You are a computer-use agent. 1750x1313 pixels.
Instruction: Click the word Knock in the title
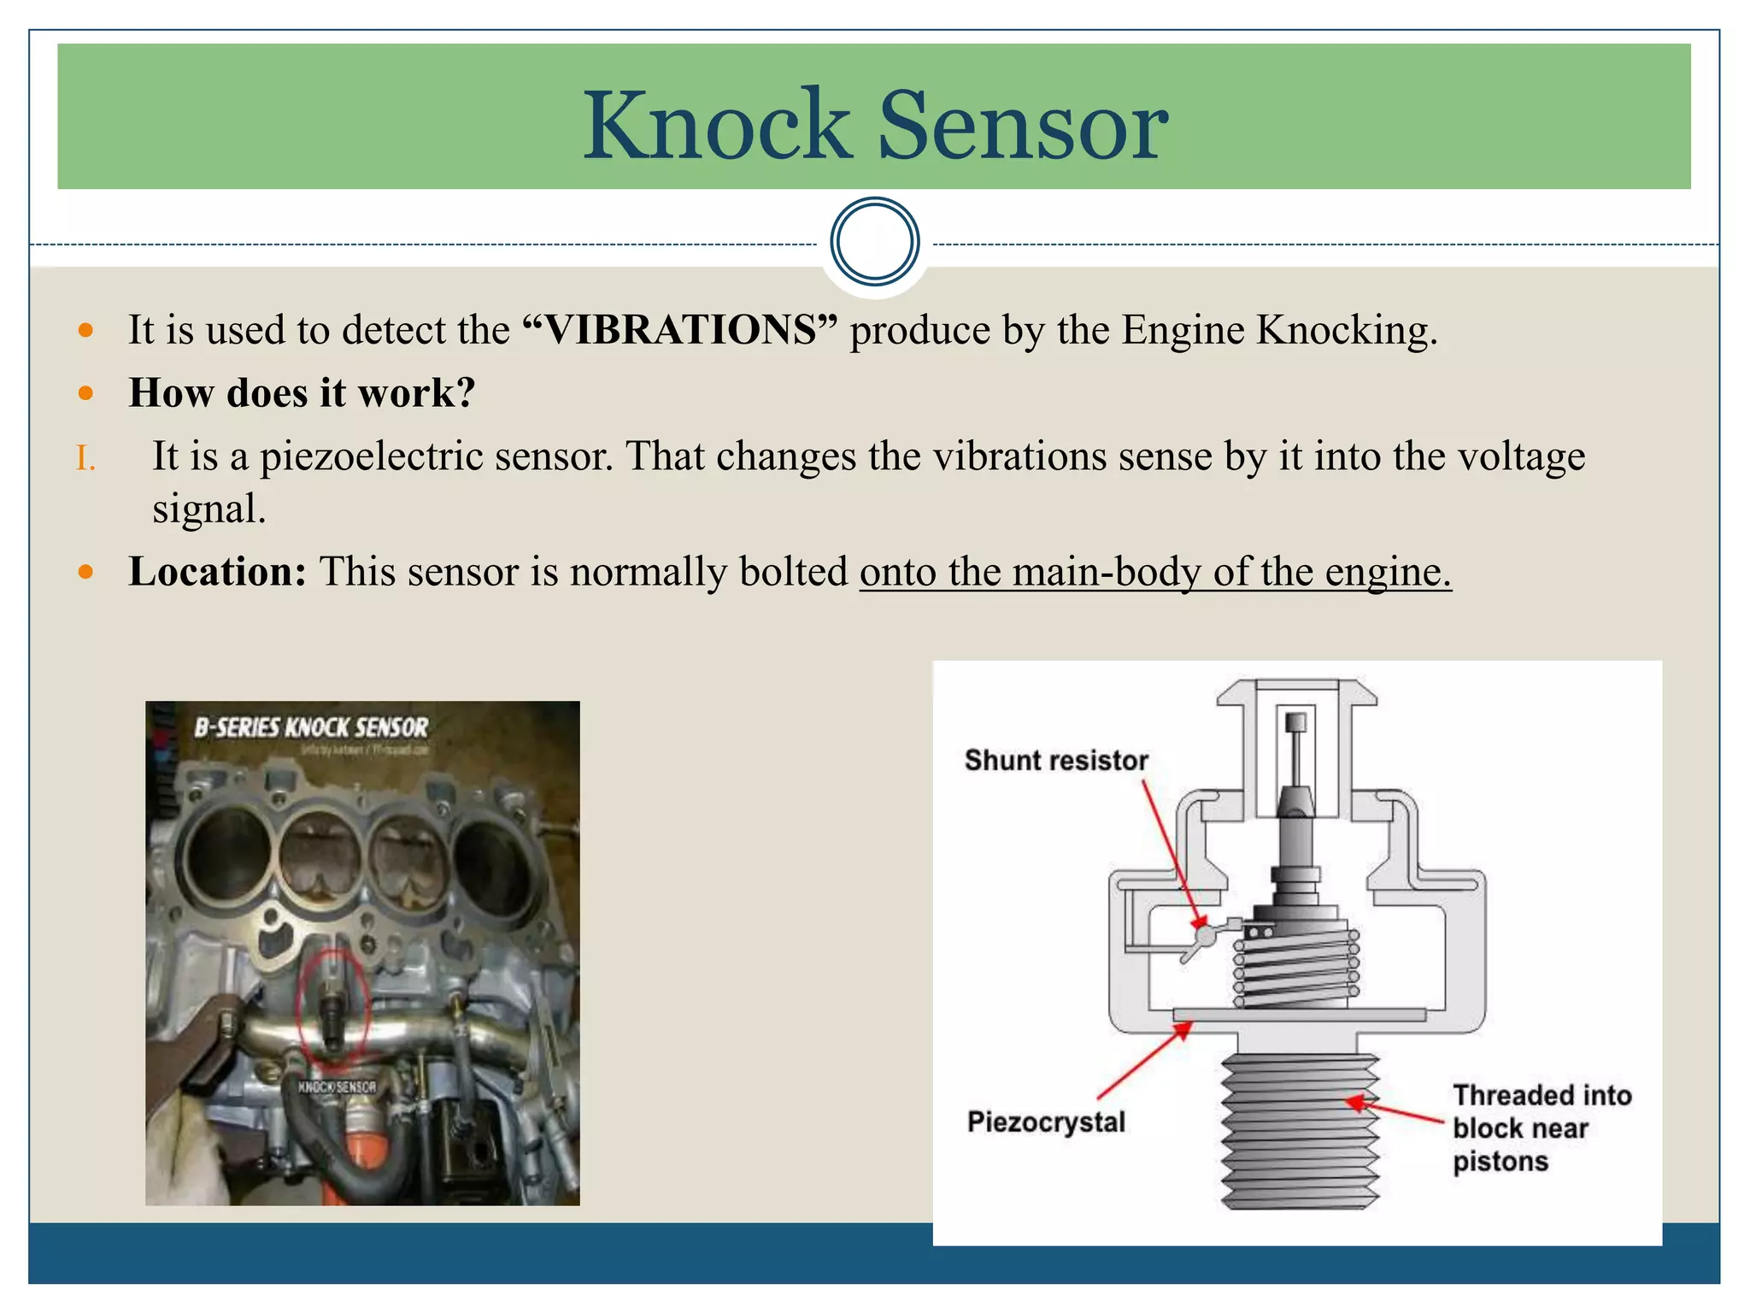click(716, 126)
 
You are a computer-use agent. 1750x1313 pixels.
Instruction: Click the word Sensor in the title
click(1023, 126)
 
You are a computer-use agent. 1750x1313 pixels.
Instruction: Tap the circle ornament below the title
click(874, 241)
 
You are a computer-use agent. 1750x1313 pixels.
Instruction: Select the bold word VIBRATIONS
click(680, 330)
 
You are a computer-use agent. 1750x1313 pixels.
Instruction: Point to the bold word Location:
click(217, 571)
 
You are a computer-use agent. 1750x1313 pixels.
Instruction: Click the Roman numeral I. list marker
click(85, 459)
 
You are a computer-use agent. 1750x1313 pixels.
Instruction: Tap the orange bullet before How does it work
click(85, 393)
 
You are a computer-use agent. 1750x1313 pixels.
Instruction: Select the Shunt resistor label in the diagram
click(1055, 760)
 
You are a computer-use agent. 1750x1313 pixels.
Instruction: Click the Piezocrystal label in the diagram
click(1046, 1122)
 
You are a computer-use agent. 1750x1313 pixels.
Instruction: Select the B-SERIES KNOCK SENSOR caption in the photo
click(311, 727)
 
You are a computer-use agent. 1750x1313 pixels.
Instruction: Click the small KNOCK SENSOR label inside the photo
click(337, 1087)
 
